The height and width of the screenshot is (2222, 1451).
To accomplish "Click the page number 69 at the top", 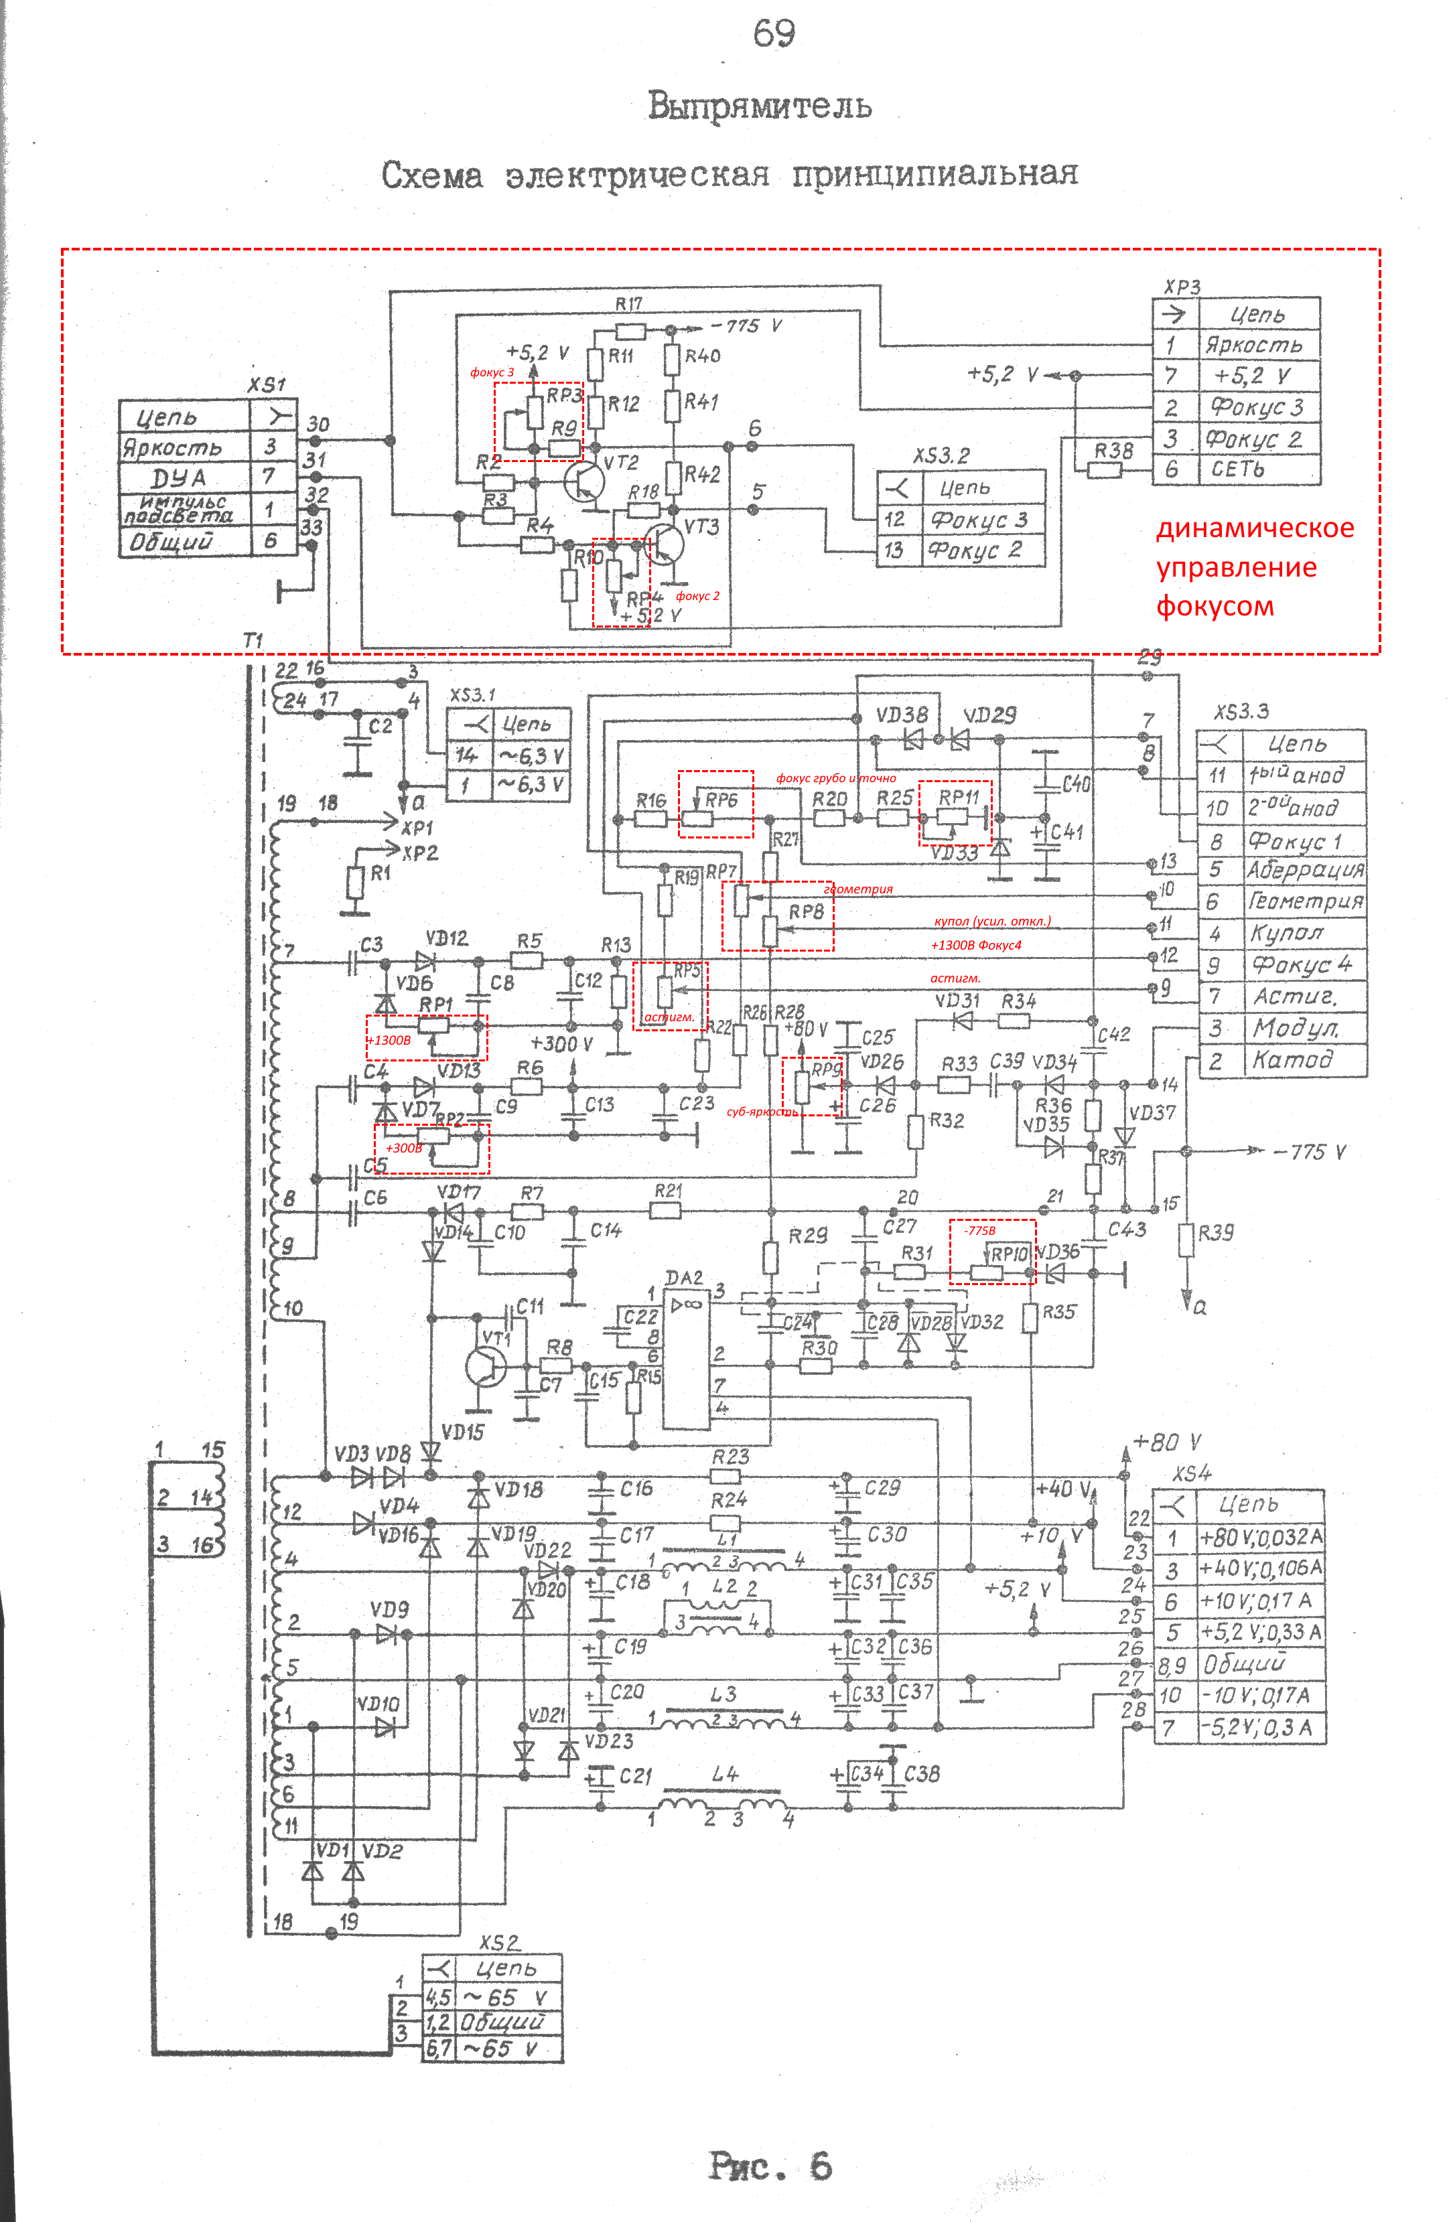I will (x=774, y=35).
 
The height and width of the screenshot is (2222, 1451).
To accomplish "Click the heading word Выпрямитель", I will (x=760, y=106).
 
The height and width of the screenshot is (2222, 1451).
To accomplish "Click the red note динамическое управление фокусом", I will (x=1254, y=567).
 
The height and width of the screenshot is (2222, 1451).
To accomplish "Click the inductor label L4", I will (x=725, y=1773).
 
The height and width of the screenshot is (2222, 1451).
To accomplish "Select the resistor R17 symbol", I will (x=630, y=331).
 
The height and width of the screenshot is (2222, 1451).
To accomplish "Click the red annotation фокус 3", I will (x=492, y=372).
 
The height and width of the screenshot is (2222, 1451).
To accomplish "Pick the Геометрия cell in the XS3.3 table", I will (x=1306, y=902).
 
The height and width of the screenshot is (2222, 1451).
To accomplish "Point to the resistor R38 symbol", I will (x=1105, y=469).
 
